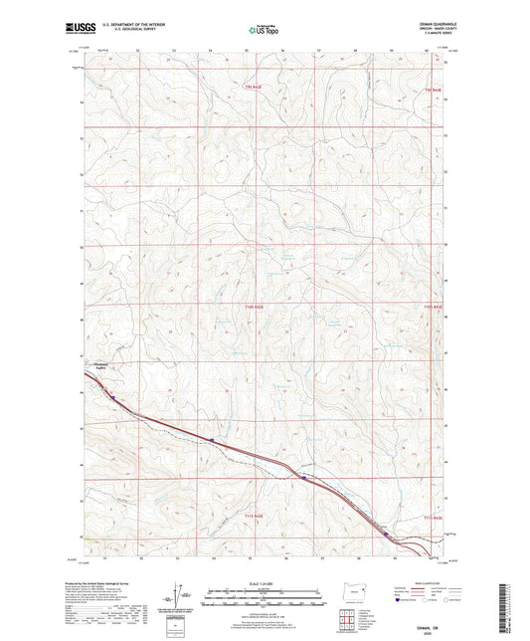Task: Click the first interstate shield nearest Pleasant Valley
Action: pos(113,397)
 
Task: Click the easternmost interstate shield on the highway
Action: pos(387,534)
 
